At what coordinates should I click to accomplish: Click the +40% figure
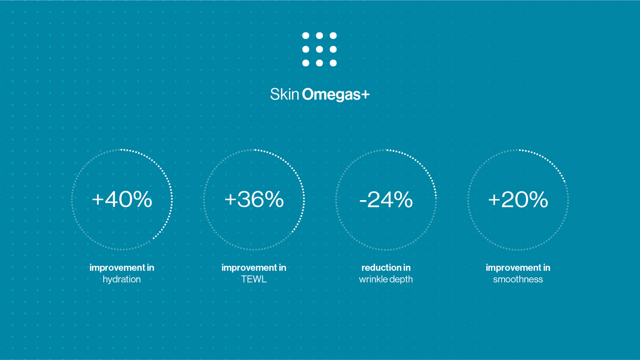(122, 200)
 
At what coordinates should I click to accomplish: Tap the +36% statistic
(254, 200)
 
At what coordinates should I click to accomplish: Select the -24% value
(386, 200)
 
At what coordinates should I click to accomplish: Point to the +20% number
(518, 200)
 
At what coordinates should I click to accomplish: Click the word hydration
(122, 279)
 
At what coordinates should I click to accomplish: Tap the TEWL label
(254, 279)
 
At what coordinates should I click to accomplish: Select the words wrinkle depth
(386, 279)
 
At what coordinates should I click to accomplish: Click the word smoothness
(518, 279)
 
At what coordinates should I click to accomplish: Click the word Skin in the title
(284, 95)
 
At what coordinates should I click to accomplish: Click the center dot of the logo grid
(320, 49)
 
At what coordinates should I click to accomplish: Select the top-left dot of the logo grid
(306, 36)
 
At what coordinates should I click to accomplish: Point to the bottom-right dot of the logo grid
(333, 63)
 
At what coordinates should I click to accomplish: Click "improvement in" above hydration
(122, 268)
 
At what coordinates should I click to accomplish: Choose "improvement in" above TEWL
(254, 268)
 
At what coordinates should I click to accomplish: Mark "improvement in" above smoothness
(518, 268)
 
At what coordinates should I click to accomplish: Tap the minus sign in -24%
(363, 201)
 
